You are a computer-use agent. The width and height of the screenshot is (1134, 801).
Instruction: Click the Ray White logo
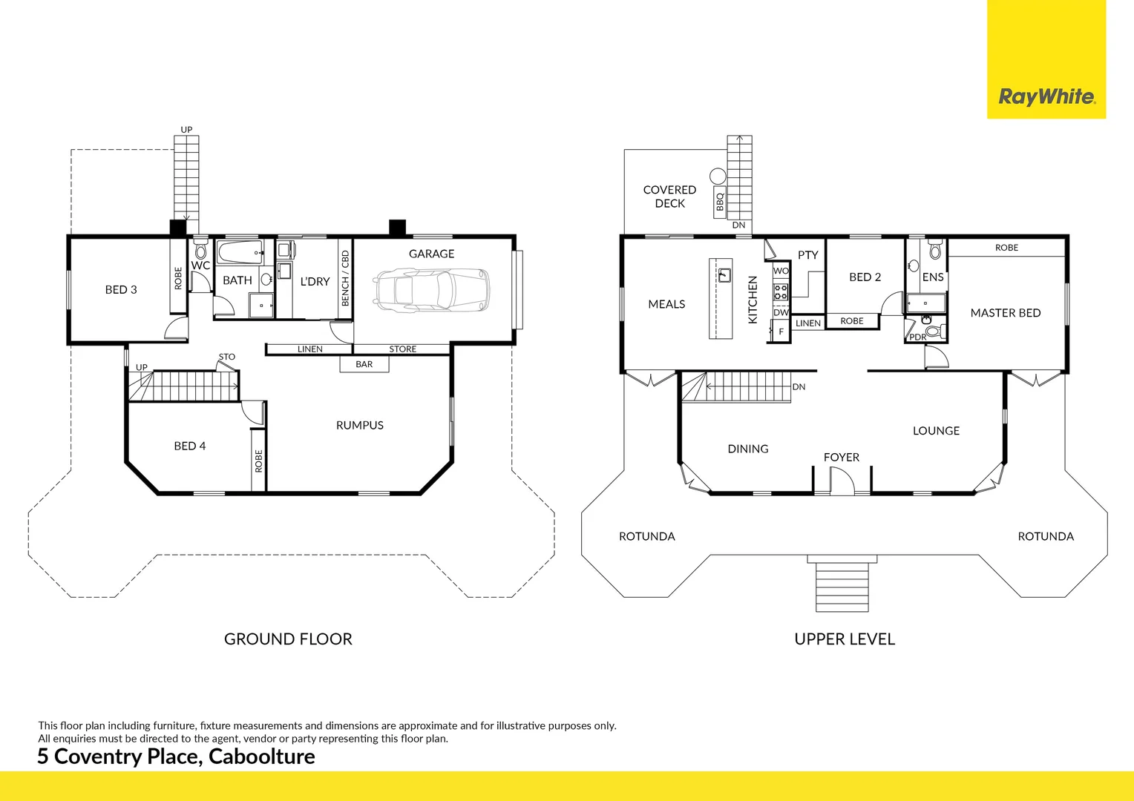pos(1046,96)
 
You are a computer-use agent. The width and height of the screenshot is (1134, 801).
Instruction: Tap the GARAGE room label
pos(431,254)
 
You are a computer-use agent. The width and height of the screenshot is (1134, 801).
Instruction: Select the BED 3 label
pos(121,290)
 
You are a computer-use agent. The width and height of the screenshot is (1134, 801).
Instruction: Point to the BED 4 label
pos(189,446)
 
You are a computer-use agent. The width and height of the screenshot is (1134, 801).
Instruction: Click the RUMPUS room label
pos(359,425)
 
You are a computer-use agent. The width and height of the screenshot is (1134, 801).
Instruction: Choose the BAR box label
pos(364,364)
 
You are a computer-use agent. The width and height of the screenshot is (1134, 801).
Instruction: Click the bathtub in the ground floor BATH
pos(240,253)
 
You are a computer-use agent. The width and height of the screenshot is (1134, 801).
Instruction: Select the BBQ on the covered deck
pos(719,201)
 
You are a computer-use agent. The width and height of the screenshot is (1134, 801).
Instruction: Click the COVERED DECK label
pos(669,197)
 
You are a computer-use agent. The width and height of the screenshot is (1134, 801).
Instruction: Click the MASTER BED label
pos(1005,313)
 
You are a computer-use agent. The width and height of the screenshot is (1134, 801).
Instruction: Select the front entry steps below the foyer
pos(842,585)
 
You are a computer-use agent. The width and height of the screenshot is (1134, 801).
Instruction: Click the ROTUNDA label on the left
pos(646,536)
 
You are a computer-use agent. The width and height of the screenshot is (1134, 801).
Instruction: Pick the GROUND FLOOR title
pos(288,639)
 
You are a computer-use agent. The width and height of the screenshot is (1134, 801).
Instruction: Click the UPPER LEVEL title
pos(845,639)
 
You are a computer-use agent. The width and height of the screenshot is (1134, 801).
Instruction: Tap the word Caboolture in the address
pos(261,756)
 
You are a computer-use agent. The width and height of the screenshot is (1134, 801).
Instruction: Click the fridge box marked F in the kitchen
pos(781,332)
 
